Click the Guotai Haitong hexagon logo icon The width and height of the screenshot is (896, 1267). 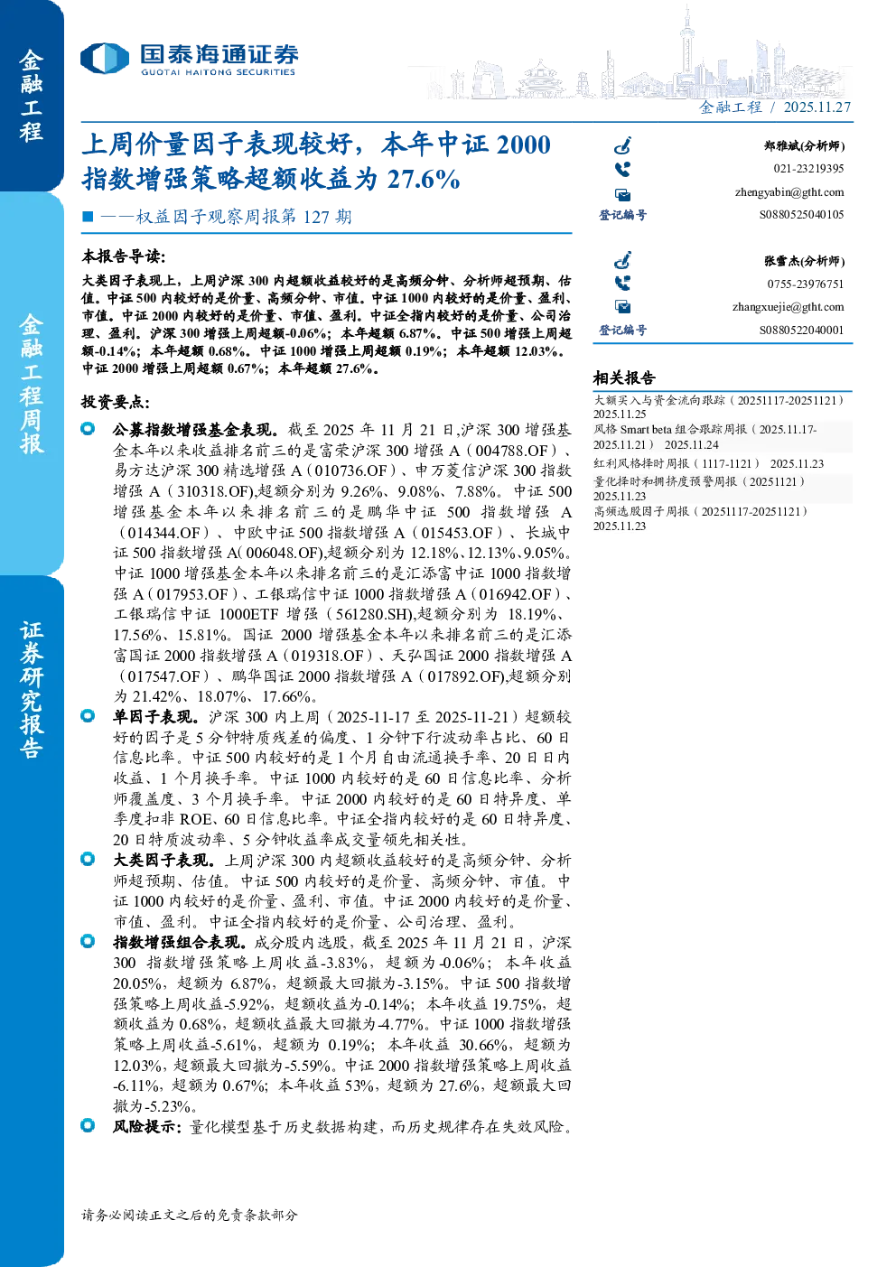(105, 59)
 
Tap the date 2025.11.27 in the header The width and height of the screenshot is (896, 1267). (817, 107)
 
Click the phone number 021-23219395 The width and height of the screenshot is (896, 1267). (808, 169)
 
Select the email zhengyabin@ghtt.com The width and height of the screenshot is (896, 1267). (789, 192)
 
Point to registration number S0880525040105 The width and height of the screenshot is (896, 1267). (801, 215)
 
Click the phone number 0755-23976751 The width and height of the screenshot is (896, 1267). (805, 284)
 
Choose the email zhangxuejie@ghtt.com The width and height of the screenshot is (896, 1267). (788, 307)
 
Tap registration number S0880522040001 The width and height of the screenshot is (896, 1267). (801, 331)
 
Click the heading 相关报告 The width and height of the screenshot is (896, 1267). (624, 377)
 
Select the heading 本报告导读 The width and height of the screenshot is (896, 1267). (124, 256)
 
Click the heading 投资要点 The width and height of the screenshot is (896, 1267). (116, 403)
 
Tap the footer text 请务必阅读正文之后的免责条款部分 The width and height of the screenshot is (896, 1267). (190, 1216)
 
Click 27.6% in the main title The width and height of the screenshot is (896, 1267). (423, 180)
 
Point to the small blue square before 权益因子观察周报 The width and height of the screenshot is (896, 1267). (88, 216)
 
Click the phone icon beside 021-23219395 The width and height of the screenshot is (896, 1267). (622, 169)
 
